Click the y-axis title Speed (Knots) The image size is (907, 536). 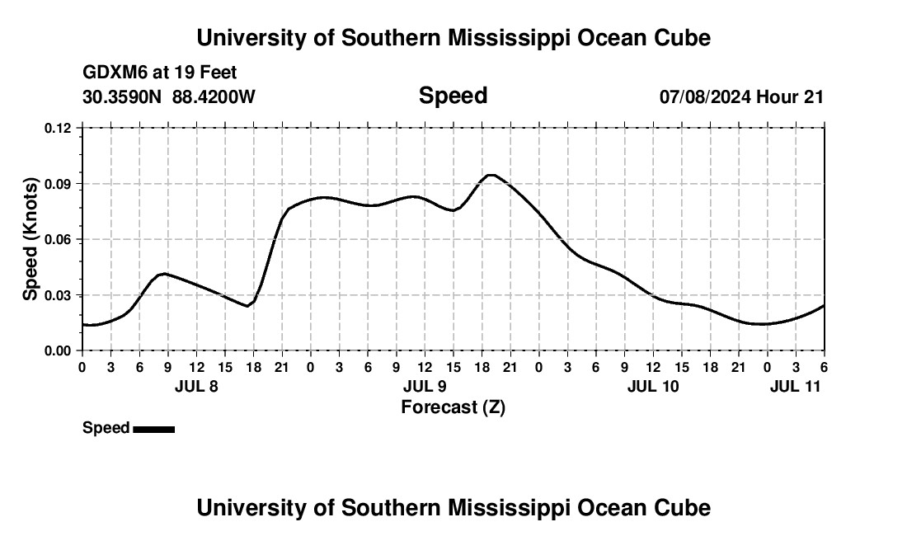tap(31, 239)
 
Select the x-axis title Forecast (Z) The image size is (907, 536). tap(453, 407)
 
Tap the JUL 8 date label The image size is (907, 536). tap(196, 386)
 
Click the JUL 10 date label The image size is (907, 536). tap(653, 386)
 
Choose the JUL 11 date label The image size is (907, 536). tap(796, 386)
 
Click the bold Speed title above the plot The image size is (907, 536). tap(453, 96)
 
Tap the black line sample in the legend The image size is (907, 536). tap(153, 429)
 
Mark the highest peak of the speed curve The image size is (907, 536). tap(491, 175)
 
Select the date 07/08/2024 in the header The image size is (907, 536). tap(705, 97)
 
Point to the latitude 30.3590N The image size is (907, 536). tap(124, 97)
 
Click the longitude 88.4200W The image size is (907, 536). tap(214, 97)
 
